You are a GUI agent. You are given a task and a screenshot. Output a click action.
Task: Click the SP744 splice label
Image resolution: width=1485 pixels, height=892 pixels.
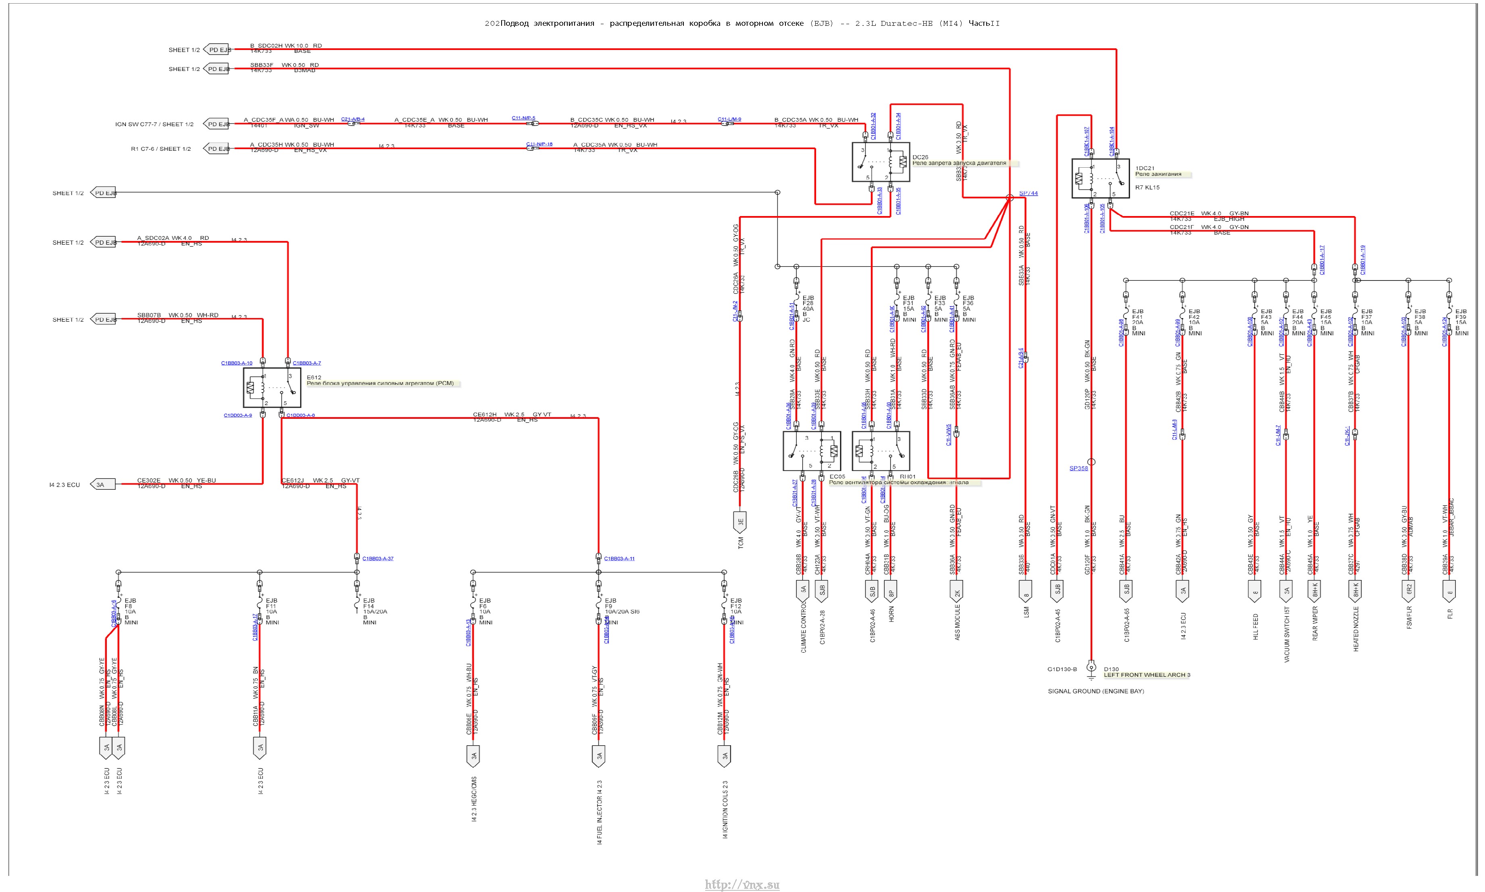(1028, 193)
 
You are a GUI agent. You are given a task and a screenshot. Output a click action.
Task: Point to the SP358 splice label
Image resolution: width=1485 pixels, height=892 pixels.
(1078, 468)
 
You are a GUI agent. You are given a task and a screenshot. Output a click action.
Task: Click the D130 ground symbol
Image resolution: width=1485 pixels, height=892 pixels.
(1091, 667)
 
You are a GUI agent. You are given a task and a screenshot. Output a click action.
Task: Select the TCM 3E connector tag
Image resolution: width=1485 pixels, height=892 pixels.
(741, 522)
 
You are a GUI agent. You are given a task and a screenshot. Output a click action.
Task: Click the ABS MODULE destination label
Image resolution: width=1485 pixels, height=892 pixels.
(957, 622)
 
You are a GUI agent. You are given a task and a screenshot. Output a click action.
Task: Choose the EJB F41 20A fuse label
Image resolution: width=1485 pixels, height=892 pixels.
(1137, 322)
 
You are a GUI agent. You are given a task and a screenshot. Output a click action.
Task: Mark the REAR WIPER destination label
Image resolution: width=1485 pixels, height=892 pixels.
(1315, 623)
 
